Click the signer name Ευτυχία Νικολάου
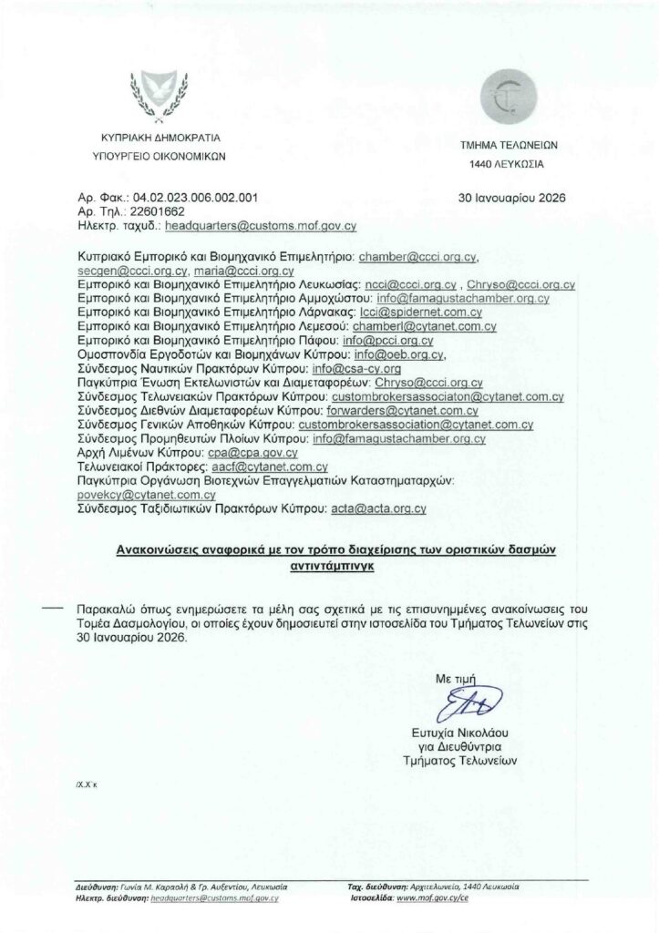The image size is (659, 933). (x=459, y=733)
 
